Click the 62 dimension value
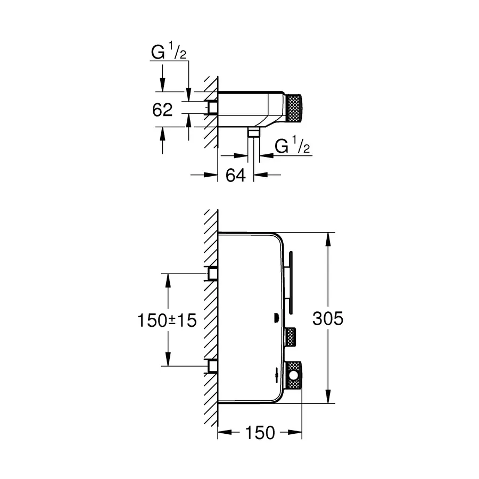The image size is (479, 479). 163,110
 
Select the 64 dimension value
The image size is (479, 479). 235,175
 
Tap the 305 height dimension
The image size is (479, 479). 328,318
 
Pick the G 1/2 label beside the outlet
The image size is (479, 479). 292,146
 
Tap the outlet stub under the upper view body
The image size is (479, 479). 254,132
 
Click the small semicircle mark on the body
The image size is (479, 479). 276,319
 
